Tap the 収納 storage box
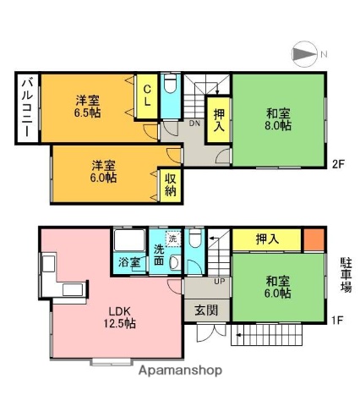point(170,184)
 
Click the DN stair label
point(194,123)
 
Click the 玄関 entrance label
point(205,310)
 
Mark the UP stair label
point(218,282)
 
